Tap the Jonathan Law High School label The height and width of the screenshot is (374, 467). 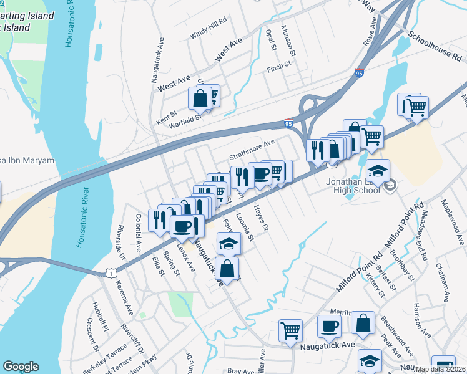(353, 185)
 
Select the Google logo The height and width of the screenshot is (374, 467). (21, 367)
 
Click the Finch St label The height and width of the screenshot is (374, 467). (279, 65)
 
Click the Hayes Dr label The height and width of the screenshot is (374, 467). (260, 219)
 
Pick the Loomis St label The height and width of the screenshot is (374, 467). (245, 228)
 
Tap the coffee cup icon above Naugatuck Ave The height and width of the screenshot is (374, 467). (329, 325)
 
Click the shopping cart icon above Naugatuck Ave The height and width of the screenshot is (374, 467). (290, 330)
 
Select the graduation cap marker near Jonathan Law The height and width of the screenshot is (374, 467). (378, 170)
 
